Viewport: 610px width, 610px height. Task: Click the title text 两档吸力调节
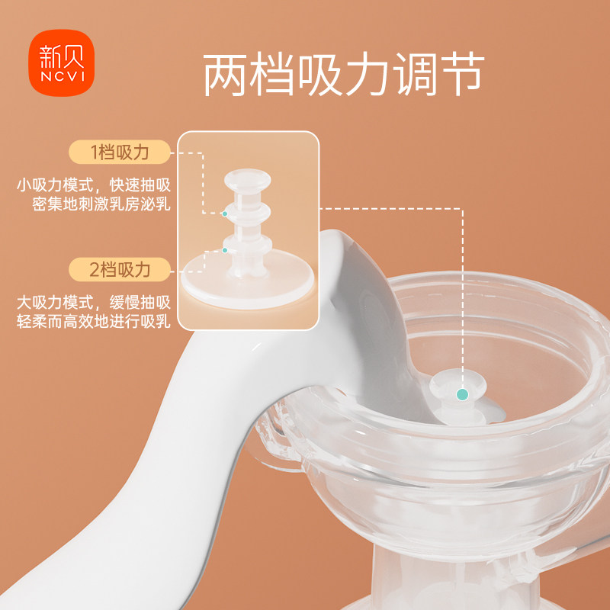[344, 75]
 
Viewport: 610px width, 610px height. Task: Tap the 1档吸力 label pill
[120, 152]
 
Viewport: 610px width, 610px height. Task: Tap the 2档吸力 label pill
[120, 269]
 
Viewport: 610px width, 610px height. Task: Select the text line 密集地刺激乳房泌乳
[102, 206]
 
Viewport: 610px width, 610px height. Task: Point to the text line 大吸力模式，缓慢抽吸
[95, 302]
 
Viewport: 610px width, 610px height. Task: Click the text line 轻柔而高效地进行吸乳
[95, 322]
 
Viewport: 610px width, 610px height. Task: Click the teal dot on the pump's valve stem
[461, 394]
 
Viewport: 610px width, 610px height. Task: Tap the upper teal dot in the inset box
[224, 213]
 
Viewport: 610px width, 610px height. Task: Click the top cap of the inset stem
[249, 181]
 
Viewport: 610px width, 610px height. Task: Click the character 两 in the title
[226, 75]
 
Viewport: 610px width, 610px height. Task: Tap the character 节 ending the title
[462, 75]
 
